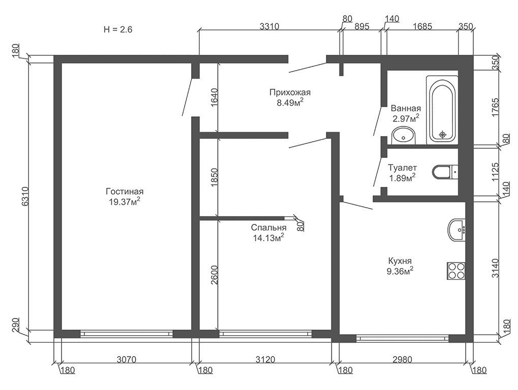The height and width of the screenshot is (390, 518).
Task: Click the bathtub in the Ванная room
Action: [442, 110]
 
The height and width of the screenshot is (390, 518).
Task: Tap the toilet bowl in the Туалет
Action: [445, 172]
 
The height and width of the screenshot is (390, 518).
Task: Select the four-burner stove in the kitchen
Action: [456, 271]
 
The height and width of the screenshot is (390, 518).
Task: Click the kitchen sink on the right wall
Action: [456, 230]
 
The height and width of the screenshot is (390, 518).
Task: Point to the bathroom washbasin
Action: [403, 136]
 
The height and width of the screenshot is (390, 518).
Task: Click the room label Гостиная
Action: [125, 192]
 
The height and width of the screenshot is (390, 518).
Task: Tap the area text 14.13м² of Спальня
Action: [268, 238]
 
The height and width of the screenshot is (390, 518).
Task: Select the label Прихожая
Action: [290, 92]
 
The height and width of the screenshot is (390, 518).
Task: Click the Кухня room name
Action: [400, 261]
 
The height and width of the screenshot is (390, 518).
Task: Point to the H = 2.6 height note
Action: [118, 29]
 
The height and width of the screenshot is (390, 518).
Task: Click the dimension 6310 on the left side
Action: [25, 197]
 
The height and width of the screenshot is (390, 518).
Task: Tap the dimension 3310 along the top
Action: [269, 26]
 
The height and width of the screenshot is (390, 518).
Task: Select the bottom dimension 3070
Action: [127, 360]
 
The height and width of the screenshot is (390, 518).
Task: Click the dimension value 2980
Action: [402, 360]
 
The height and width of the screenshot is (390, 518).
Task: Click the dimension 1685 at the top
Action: [422, 26]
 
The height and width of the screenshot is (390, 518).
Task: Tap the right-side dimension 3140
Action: [495, 268]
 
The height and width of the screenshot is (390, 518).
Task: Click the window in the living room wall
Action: [127, 334]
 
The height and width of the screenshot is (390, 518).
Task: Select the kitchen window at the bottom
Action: [403, 338]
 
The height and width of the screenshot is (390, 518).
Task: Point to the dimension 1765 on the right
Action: [495, 107]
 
